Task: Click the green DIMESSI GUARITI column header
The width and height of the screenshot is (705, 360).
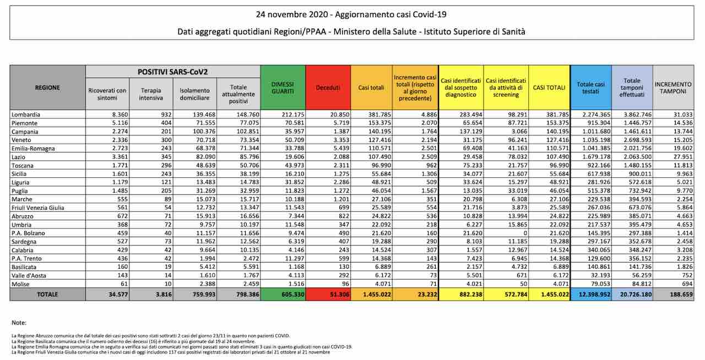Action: [283, 88]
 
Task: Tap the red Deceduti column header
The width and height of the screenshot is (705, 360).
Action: [328, 88]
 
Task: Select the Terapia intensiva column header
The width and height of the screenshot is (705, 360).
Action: [151, 94]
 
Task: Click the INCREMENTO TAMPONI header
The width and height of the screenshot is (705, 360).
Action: [673, 88]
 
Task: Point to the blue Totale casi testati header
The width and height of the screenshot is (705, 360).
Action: [591, 88]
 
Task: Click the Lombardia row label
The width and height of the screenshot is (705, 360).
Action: [26, 114]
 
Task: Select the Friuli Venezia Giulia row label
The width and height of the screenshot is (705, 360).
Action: [38, 208]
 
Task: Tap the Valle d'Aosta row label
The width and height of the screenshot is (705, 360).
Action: [29, 275]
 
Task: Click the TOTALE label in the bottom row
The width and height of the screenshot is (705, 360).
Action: [47, 294]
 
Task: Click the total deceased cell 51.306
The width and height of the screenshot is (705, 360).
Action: [340, 294]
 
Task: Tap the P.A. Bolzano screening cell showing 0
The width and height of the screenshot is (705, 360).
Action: [525, 233]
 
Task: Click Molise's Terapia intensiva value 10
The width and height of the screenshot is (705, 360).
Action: [168, 284]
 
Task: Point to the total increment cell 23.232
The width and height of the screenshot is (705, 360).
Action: [427, 294]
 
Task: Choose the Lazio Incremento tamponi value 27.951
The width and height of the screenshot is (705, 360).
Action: [683, 157]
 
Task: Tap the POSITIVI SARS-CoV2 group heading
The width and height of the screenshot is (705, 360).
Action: [172, 72]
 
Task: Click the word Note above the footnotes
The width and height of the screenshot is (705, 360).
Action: [19, 323]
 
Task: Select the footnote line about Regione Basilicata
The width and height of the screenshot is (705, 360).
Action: [133, 341]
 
